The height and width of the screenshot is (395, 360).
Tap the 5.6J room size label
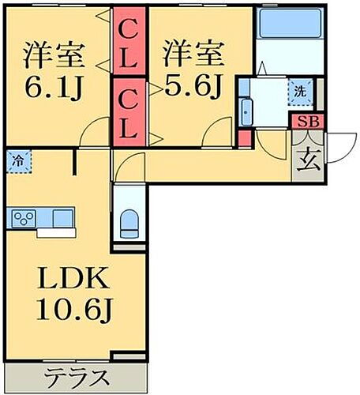(x=189, y=83)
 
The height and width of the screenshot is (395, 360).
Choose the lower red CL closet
(x=129, y=111)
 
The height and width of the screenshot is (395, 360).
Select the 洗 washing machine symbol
(x=300, y=91)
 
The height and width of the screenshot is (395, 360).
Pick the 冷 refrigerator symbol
(x=17, y=160)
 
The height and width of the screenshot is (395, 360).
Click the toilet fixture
(x=128, y=224)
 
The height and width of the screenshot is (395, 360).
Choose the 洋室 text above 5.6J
(x=189, y=55)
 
